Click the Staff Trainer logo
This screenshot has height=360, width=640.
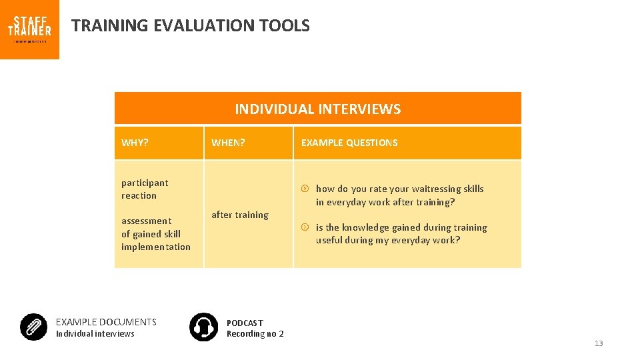29,29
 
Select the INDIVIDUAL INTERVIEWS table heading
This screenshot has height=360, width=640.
317,109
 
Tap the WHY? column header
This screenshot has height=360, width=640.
135,143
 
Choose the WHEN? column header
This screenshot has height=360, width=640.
228,143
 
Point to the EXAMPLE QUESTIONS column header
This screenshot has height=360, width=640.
349,143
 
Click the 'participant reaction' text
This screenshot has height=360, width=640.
145,189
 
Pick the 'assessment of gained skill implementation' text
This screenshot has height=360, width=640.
155,234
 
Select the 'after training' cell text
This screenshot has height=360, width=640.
240,215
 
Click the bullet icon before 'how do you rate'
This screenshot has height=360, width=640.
305,189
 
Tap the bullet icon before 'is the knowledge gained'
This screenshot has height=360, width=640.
305,227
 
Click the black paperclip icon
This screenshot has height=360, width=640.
33,327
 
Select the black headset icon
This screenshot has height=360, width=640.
203,327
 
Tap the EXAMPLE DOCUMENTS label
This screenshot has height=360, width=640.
106,322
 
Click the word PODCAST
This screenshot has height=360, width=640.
245,323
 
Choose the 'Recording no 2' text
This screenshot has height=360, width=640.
255,334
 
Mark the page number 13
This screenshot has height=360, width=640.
598,343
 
